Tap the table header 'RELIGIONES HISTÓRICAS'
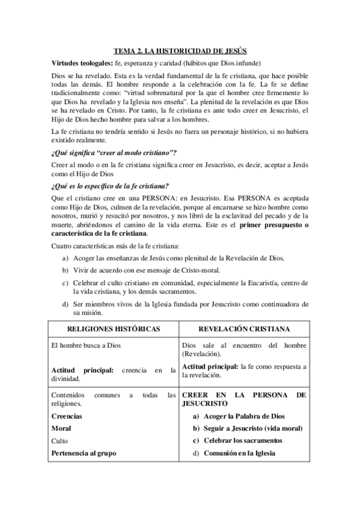[114, 329]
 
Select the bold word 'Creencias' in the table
[67, 416]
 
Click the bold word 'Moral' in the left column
[61, 428]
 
